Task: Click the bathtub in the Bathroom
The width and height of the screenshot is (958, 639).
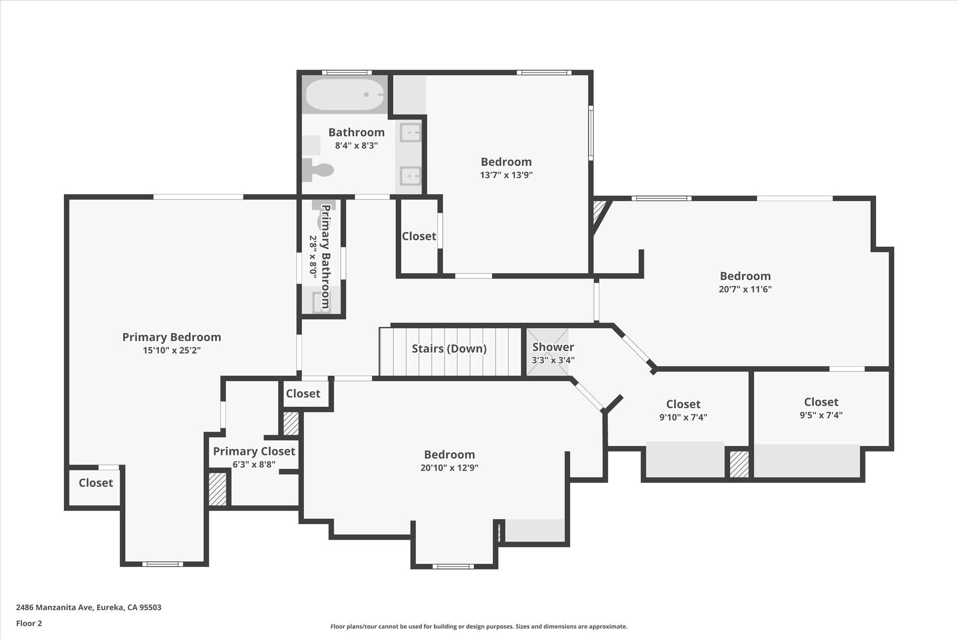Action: (x=345, y=94)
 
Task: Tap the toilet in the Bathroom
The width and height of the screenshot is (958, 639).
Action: (x=318, y=170)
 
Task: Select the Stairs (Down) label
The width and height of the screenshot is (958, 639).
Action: (x=449, y=349)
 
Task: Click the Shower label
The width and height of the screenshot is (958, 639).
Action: (x=553, y=347)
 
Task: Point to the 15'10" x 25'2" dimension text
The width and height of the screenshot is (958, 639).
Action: (x=171, y=350)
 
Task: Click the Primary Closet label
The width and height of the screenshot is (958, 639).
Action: (x=254, y=451)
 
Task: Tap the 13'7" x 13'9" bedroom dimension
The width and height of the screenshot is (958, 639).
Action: (x=506, y=175)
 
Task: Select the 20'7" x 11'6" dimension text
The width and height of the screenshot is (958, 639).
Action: (x=745, y=289)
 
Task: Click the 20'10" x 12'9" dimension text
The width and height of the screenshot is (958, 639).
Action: (x=449, y=468)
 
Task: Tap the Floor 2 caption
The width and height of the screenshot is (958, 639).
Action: (x=29, y=623)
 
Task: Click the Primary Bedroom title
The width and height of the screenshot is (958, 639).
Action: (x=171, y=337)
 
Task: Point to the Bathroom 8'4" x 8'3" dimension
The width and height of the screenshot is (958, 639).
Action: (x=356, y=146)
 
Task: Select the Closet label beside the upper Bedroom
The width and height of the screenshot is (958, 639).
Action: (x=419, y=236)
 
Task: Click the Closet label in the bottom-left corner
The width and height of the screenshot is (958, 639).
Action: (x=96, y=483)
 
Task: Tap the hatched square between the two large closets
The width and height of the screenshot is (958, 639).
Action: (x=739, y=464)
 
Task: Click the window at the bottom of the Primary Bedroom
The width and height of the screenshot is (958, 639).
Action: (x=162, y=564)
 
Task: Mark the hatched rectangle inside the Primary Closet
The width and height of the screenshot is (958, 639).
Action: (x=217, y=489)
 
